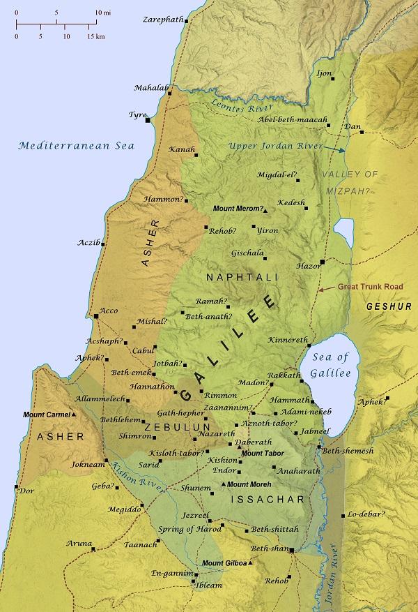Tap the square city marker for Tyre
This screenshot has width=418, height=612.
click(148, 121)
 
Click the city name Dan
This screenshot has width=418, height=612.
click(353, 126)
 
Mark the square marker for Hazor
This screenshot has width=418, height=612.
click(322, 262)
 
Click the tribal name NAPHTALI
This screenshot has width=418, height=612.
click(242, 278)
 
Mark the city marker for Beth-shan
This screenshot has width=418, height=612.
click(293, 551)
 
